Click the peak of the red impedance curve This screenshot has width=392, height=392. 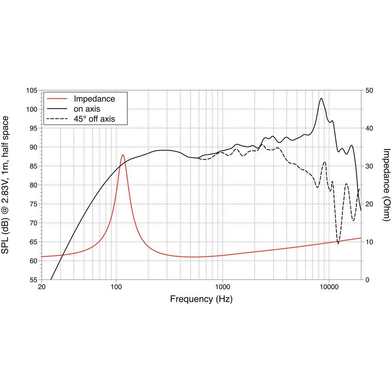click(x=123, y=155)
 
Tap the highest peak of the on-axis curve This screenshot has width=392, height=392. click(x=321, y=98)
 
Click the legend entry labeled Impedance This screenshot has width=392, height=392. click(x=94, y=99)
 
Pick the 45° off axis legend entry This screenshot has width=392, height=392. click(x=94, y=118)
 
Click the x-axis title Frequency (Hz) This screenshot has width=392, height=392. click(x=201, y=299)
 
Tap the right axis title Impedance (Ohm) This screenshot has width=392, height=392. click(x=386, y=185)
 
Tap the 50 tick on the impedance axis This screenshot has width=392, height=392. click(x=369, y=91)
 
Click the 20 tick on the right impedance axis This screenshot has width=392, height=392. click(x=369, y=204)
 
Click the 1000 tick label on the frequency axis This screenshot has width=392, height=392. click(x=223, y=287)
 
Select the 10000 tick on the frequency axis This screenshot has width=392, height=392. click(x=329, y=287)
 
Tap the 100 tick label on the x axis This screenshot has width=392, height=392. click(x=116, y=287)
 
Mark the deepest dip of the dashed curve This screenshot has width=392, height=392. click(x=338, y=243)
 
